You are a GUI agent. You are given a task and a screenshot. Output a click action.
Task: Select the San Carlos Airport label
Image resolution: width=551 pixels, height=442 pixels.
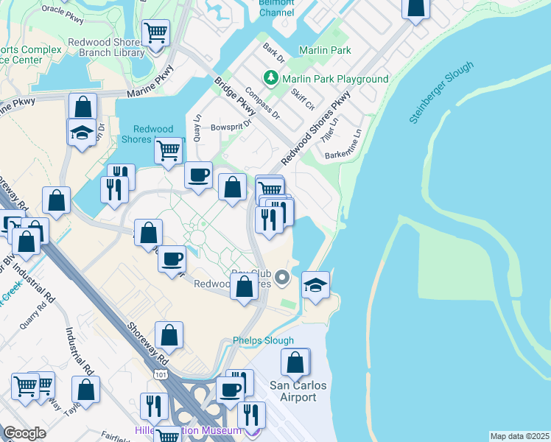tap(293, 391)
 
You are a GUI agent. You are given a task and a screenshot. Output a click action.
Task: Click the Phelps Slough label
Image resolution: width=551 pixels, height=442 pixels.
tap(263, 340)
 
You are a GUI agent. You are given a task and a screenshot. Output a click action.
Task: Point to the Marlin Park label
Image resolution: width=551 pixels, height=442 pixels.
tap(325, 50)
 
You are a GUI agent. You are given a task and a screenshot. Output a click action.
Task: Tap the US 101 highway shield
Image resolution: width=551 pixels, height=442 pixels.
tap(161, 375)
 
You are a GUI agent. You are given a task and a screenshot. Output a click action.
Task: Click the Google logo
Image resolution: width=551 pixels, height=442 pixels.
tap(24, 433)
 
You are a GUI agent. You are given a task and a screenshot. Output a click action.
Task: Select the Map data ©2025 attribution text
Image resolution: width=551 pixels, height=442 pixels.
tap(519, 435)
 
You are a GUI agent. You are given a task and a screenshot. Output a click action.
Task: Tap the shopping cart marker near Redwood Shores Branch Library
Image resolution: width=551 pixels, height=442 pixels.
tap(155, 33)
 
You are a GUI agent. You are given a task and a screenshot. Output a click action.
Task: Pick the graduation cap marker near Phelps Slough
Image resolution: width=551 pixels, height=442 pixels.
tap(315, 284)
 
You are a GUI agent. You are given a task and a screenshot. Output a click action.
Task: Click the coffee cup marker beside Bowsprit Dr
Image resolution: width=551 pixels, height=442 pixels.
tap(198, 175)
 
